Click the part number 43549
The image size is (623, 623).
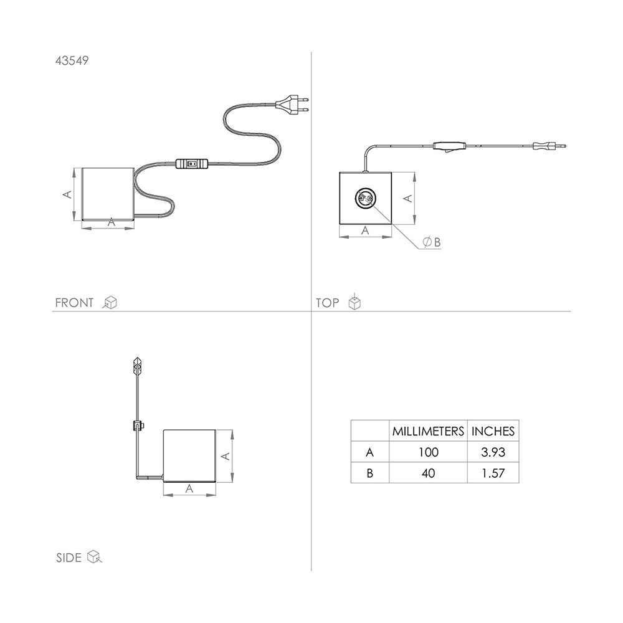72,61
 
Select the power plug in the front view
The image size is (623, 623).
292,105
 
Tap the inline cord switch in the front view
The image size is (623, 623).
192,163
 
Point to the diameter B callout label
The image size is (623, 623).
432,242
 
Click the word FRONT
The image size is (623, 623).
74,303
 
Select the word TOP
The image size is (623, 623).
328,303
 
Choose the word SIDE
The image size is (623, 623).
69,558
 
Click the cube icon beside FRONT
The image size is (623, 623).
110,303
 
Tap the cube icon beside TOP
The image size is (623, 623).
354,302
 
